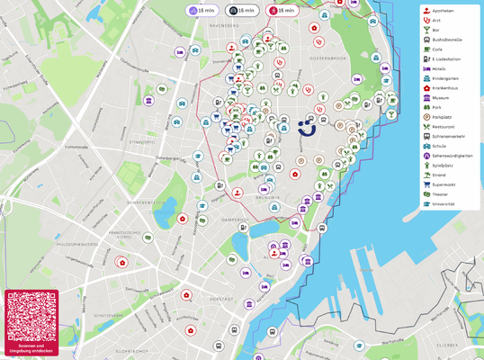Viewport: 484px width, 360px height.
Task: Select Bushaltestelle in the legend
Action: (450, 40)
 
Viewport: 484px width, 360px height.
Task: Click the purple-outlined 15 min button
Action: (201, 10)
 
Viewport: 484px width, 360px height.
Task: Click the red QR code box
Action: (31, 321)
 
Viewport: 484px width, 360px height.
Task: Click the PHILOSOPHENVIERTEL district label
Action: (77, 244)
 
